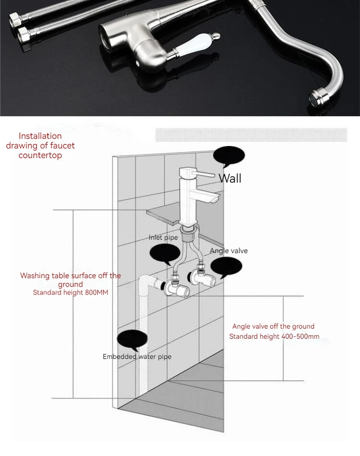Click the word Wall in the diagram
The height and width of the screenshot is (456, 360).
[230, 178]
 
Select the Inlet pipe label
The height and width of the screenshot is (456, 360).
[163, 237]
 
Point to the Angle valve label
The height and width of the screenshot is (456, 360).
[228, 251]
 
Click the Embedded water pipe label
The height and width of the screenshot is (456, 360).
[137, 357]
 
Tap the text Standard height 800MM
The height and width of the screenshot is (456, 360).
[70, 292]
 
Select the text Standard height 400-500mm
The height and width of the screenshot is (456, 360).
[274, 336]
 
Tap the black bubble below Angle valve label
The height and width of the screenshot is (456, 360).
[226, 268]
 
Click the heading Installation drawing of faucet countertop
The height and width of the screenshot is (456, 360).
[40, 146]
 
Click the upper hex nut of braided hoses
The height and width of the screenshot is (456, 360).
[13, 20]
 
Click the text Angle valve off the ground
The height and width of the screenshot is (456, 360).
[273, 326]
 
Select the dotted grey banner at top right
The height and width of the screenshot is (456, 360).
[252, 135]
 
